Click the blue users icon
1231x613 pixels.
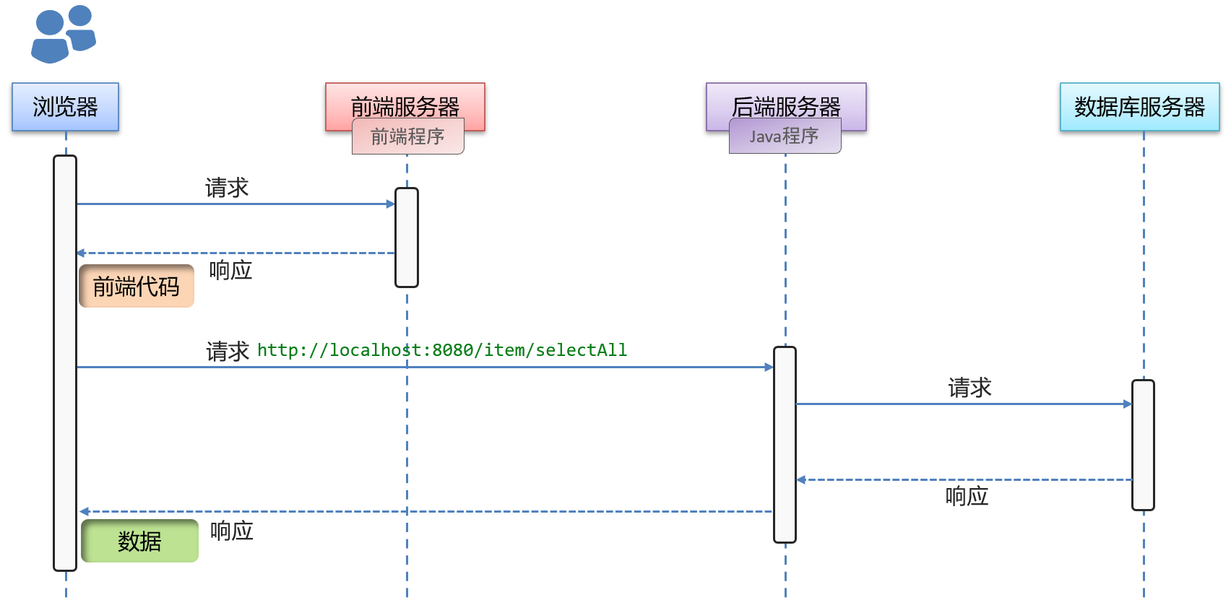tap(63, 34)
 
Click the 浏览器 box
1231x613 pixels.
tap(65, 107)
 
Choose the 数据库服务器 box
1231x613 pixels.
tap(1139, 107)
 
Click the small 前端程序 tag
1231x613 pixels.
tap(407, 137)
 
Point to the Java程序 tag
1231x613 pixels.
tap(785, 136)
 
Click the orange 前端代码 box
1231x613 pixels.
tap(137, 287)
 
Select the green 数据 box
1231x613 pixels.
tap(139, 541)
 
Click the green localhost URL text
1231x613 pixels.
tap(442, 350)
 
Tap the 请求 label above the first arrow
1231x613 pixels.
tap(227, 188)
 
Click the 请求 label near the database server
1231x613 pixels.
tap(969, 388)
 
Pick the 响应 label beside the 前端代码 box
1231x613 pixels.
tap(230, 271)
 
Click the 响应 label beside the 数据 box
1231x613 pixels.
tap(232, 531)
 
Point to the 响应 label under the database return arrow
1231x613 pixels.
tap(967, 496)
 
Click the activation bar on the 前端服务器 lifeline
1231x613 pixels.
tap(407, 238)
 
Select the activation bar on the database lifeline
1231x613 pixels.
tap(1143, 445)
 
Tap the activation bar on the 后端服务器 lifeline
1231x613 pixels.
tap(785, 444)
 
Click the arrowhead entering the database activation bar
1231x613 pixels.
tap(1127, 404)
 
